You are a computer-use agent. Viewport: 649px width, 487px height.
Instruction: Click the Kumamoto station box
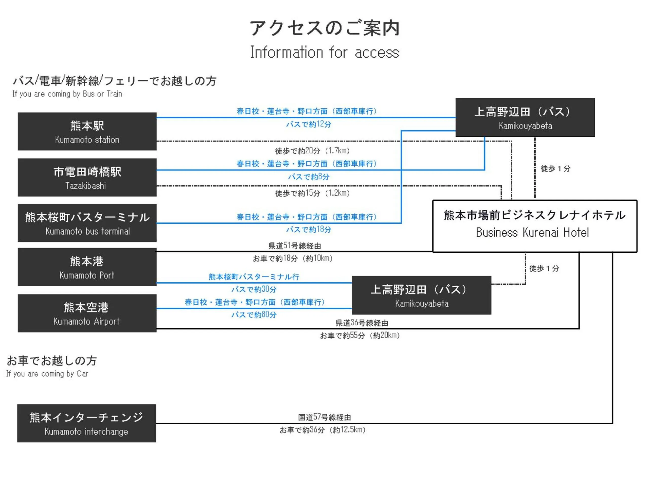pos(87,131)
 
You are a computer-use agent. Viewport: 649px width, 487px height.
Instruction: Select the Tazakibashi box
pos(87,177)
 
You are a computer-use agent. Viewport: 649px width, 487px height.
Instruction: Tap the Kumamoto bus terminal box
pos(87,223)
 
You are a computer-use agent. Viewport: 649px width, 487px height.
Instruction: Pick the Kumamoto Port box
pos(87,267)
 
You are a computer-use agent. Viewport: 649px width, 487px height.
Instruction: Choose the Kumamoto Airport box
pos(87,313)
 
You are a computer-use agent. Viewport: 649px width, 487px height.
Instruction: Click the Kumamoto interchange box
pos(86,423)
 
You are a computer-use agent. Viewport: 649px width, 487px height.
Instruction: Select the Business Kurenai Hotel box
pos(535,226)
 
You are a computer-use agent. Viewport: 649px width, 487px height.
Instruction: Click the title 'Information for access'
pos(324,53)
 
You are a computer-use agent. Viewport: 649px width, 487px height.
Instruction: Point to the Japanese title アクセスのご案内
pos(324,28)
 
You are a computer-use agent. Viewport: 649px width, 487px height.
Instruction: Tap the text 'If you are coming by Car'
pos(47,374)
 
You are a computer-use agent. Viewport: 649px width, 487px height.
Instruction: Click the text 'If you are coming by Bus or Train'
pos(67,94)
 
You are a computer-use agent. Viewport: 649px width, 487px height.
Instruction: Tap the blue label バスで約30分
pos(254,289)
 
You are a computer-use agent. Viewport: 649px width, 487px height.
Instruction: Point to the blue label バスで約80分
pos(254,315)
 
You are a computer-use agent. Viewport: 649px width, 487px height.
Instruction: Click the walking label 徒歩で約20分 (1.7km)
pos(312,151)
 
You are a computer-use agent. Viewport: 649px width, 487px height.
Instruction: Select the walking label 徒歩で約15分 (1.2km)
pos(312,193)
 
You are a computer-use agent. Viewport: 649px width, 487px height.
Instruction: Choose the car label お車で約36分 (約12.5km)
pos(322,430)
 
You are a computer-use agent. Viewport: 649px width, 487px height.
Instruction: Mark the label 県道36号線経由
pos(362,323)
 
